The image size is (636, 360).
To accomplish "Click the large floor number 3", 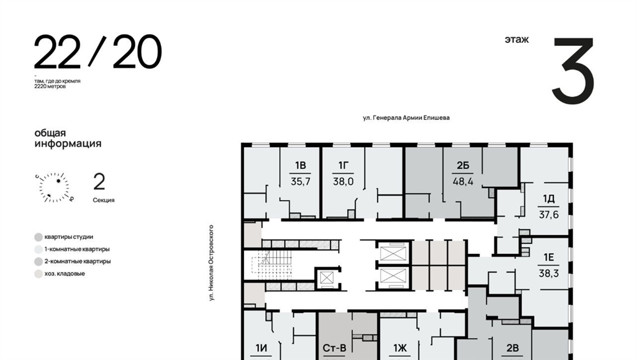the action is [x=573, y=71].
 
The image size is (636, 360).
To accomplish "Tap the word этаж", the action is [x=517, y=40].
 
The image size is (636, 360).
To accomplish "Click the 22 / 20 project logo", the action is [x=98, y=52].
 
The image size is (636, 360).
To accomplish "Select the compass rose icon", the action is [x=55, y=187].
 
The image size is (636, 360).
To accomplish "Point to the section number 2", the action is [x=99, y=181].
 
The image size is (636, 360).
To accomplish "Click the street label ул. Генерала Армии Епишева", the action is [x=406, y=117].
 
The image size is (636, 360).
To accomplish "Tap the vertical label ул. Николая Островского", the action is [x=211, y=263].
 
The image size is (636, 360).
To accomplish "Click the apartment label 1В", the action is [x=300, y=165].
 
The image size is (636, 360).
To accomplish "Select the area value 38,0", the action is [x=343, y=182].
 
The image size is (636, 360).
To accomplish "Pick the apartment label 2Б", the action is [x=463, y=165].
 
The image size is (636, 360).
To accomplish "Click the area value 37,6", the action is [x=548, y=215].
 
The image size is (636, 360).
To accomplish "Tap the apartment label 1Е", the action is [x=549, y=258].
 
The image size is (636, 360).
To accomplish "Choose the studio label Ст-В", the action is [x=335, y=348].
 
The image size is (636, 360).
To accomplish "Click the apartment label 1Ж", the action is [x=400, y=348].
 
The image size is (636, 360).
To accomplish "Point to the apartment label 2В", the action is [x=512, y=348].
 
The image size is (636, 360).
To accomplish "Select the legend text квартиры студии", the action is [x=68, y=236].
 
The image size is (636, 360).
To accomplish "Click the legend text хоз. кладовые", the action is [x=65, y=273].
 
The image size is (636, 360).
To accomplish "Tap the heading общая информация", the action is [x=68, y=138].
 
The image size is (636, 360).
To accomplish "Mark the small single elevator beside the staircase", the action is [x=327, y=278].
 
